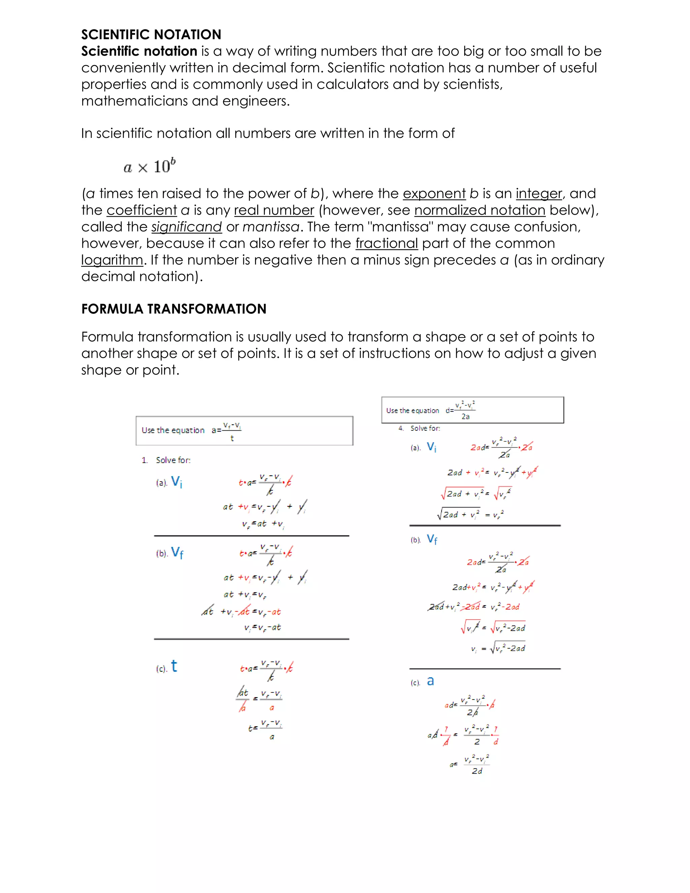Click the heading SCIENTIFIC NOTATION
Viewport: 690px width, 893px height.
[151, 34]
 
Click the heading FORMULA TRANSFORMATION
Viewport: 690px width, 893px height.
[174, 309]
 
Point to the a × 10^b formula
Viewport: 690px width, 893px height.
[150, 166]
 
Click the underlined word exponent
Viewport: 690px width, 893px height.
[434, 193]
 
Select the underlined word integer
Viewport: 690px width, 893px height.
[539, 193]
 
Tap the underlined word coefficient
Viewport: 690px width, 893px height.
[142, 210]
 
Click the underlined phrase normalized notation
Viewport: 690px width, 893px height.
[479, 210]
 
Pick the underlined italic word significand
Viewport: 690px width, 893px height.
[186, 227]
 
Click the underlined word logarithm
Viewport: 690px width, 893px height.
[112, 260]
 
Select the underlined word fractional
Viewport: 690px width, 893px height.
[386, 243]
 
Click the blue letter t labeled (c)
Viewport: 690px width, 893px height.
[174, 666]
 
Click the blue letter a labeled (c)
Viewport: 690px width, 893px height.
[430, 681]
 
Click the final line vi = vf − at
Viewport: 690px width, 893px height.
[262, 627]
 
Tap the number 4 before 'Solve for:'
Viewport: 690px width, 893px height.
[401, 428]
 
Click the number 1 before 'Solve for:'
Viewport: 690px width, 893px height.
[144, 460]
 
